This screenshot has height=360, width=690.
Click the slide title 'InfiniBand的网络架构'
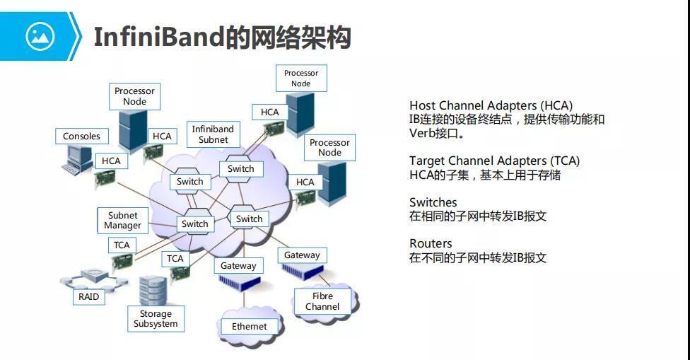pos(222,37)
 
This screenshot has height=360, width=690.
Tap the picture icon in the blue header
pos(40,35)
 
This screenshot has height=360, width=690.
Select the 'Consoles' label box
pos(81,137)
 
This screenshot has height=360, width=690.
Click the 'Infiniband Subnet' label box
pos(213,134)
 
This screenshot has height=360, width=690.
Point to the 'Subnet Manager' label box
pos(123,221)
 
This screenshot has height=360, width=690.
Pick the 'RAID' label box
pos(89,296)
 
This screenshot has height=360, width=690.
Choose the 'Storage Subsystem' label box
pos(156,319)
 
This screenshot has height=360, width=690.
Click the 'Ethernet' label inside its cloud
pos(250,326)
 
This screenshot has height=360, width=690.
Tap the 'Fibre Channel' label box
pos(322,301)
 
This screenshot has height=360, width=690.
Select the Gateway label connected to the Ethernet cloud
pos(238,266)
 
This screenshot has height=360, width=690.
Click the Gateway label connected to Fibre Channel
pos(302,255)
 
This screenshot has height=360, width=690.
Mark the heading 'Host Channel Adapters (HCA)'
pos(491,106)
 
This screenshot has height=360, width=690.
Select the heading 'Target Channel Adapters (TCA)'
pos(494,161)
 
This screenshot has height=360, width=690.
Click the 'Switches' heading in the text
pos(433,202)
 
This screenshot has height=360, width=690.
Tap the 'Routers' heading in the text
pos(431,243)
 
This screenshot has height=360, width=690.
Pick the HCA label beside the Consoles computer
pos(111,161)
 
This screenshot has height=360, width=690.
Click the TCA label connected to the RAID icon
pos(122,245)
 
